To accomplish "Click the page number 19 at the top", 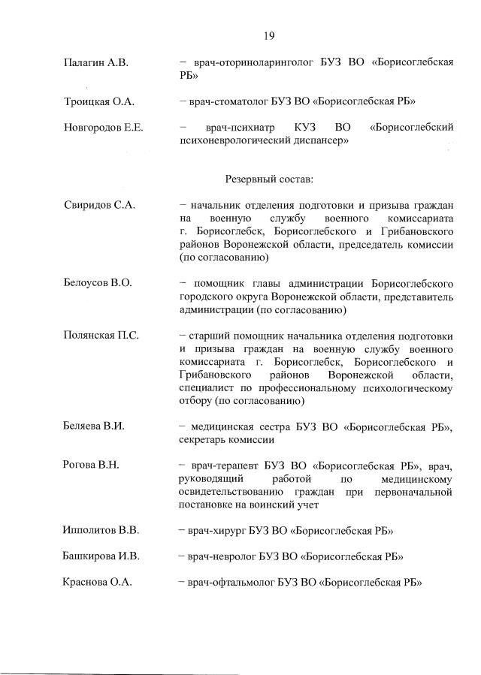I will (268, 35).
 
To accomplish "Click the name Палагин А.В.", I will (96, 63).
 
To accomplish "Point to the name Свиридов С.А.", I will (99, 206).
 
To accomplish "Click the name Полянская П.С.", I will (101, 335).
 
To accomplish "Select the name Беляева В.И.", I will (94, 426).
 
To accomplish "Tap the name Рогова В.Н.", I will (92, 466).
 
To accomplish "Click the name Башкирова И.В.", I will (101, 556).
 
